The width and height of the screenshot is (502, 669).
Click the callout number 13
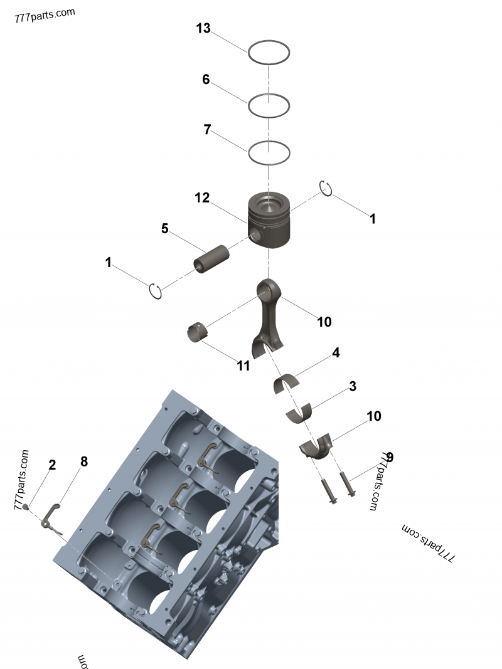(203, 28)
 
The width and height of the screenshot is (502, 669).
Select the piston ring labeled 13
(269, 43)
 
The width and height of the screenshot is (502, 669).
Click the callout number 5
(164, 228)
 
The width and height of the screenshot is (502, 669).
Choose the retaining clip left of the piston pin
(156, 291)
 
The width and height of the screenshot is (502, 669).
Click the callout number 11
(243, 366)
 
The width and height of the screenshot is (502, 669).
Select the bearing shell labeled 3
(300, 413)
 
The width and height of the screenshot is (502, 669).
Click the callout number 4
(336, 353)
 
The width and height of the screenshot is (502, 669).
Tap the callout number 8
(83, 462)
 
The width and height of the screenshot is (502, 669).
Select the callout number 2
(52, 465)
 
